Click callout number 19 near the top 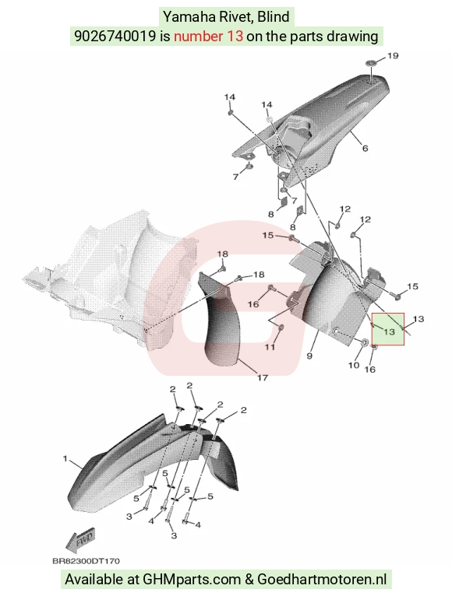(x=393, y=56)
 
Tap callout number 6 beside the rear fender (x=365, y=148)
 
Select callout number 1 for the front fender (x=65, y=459)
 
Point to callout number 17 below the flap (x=263, y=378)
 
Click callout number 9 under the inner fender (x=309, y=356)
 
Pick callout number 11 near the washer (x=270, y=347)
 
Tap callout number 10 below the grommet (x=354, y=365)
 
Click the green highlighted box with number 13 (x=388, y=329)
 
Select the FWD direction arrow (x=81, y=540)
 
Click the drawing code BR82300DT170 (x=86, y=561)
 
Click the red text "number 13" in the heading (x=208, y=36)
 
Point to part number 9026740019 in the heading (x=115, y=36)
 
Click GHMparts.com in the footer (x=192, y=580)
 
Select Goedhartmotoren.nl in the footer (x=322, y=580)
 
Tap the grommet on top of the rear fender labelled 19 (x=372, y=63)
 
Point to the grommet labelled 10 (x=364, y=343)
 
